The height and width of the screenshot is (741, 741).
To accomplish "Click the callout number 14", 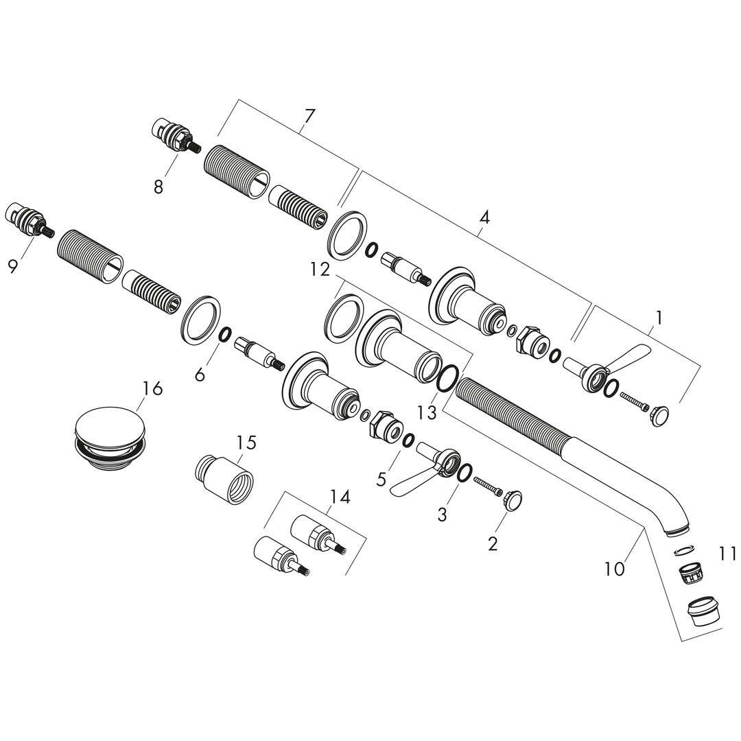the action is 340,497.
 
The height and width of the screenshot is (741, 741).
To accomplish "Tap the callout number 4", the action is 484,217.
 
